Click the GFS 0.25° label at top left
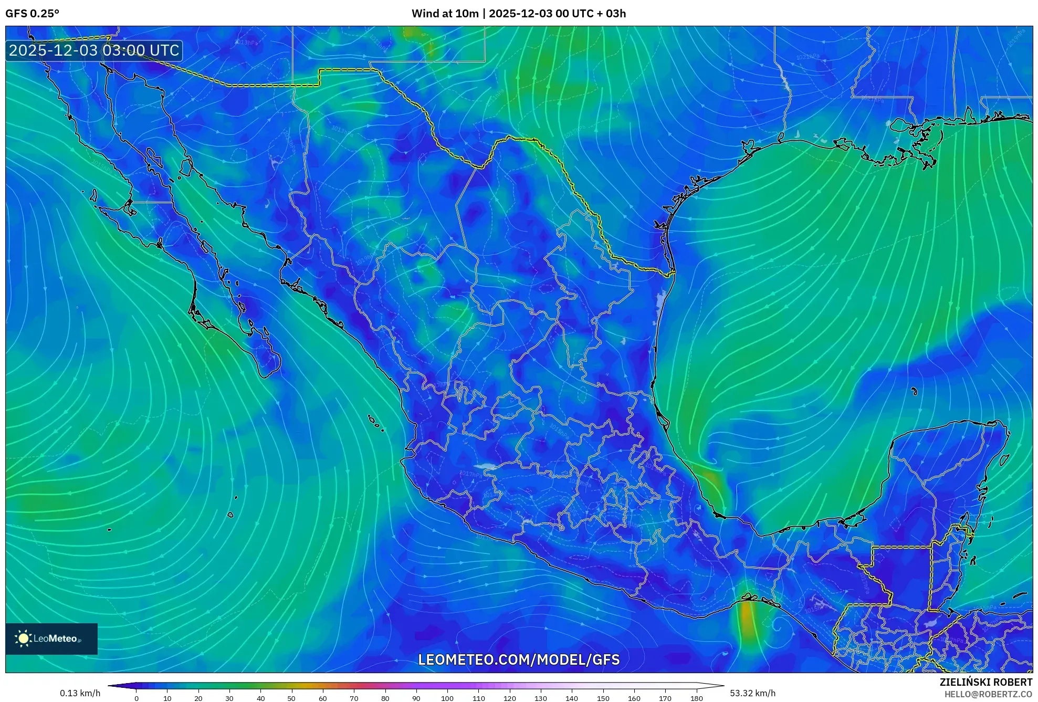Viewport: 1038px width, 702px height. [x=32, y=14]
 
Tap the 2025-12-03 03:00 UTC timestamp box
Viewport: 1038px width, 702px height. [x=94, y=50]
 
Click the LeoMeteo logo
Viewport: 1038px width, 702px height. [x=51, y=638]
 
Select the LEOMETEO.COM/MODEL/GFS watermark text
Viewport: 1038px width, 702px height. [x=518, y=659]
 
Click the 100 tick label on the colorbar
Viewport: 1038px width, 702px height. [x=447, y=698]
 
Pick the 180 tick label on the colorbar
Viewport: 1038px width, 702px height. [x=696, y=698]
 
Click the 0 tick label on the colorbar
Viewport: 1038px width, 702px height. [x=137, y=698]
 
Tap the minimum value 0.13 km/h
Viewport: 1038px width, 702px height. [x=80, y=693]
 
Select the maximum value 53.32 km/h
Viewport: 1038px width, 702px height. [x=752, y=693]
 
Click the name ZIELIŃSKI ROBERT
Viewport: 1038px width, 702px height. [x=985, y=682]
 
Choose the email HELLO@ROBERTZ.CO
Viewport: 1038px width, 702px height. [x=988, y=694]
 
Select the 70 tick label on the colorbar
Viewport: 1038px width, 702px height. [x=354, y=698]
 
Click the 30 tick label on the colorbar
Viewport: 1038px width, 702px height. [x=229, y=698]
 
